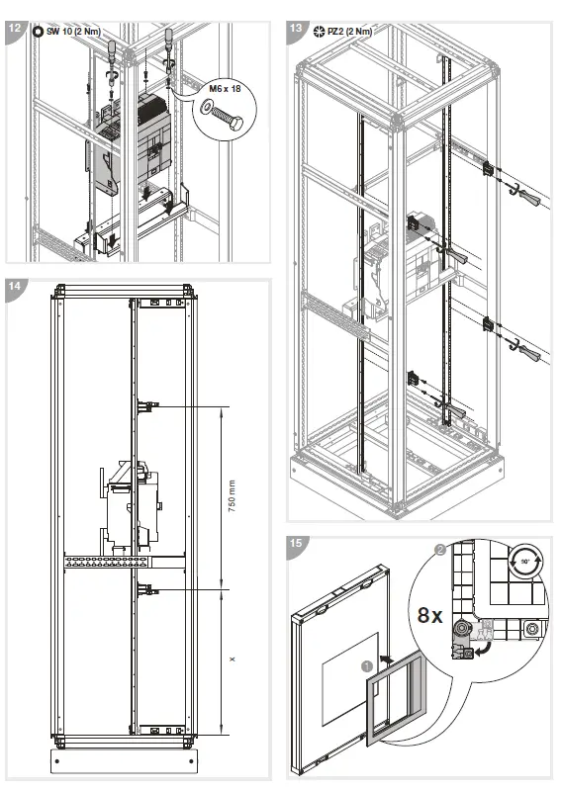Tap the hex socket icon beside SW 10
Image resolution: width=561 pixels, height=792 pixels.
pos(38,31)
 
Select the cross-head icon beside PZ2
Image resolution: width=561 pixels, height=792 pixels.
pos(319,31)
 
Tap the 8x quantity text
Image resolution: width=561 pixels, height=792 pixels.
pos(428,615)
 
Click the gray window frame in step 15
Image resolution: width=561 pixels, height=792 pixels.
pos(396,704)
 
